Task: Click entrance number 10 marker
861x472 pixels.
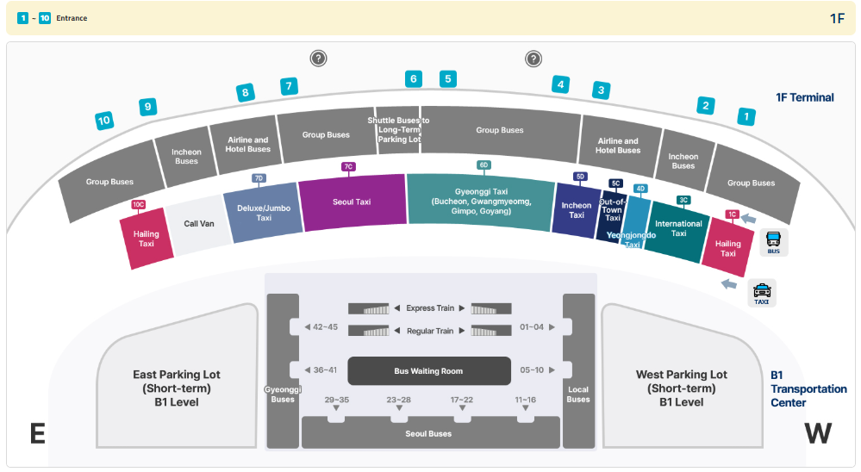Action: click(104, 121)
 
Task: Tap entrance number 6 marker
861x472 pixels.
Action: click(414, 79)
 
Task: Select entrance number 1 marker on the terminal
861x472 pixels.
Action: click(747, 115)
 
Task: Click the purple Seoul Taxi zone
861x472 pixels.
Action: click(352, 202)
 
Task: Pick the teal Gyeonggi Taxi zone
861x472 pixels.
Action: click(480, 202)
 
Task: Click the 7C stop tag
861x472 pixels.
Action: click(348, 166)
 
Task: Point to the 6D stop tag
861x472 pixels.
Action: click(484, 165)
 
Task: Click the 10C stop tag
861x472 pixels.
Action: click(138, 204)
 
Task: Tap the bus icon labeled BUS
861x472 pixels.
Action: click(774, 242)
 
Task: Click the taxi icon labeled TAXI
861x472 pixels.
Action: click(762, 293)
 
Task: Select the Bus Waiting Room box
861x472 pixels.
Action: click(428, 371)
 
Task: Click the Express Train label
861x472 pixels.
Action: click(430, 308)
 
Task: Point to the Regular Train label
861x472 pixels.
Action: click(430, 331)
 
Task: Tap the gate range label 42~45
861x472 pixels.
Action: click(325, 327)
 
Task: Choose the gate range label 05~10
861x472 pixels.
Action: click(532, 370)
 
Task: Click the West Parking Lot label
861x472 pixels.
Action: click(681, 388)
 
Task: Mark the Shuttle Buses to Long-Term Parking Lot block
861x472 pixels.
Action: click(398, 130)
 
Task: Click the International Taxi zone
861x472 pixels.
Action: click(678, 229)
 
